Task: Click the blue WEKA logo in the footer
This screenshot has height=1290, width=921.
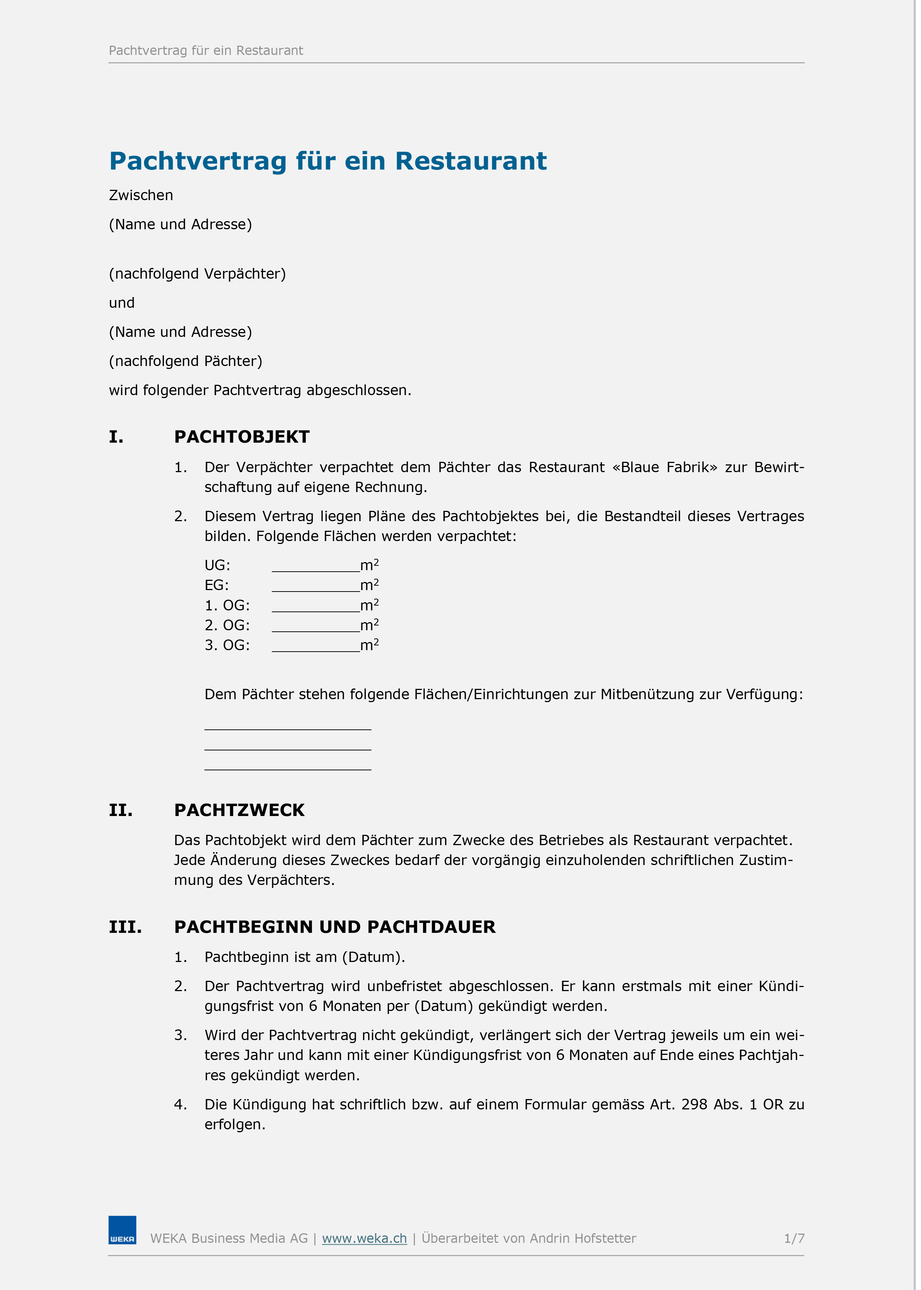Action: tap(122, 1230)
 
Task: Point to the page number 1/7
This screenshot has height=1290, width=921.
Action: tap(794, 1238)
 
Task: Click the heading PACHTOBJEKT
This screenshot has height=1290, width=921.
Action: tap(242, 437)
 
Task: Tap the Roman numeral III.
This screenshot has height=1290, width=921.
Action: tap(125, 927)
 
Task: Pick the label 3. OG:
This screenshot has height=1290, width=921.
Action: tap(227, 646)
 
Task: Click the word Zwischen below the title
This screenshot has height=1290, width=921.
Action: tap(141, 195)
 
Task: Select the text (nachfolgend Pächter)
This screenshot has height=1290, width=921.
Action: tap(185, 361)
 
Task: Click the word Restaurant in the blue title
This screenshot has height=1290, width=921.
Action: tap(471, 161)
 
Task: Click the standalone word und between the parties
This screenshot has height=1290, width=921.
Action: tap(121, 303)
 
